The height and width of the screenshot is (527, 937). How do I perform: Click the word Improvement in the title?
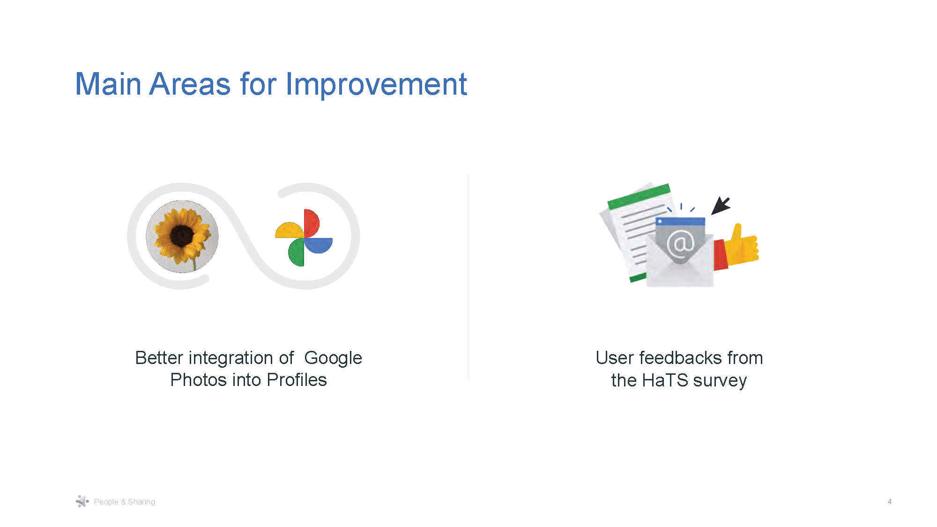pos(376,84)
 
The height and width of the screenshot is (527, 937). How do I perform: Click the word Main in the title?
pos(108,84)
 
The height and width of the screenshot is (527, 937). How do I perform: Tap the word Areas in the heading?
pos(190,84)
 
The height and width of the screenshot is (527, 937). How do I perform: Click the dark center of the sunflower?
pos(181,236)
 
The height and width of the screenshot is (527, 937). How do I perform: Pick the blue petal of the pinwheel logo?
pos(319,245)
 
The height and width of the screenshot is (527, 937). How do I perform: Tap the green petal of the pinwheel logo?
pos(296,253)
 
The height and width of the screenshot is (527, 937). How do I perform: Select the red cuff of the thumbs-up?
pos(720,255)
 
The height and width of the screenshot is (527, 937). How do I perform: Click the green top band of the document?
pos(639,196)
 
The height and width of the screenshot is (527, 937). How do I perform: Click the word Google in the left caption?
pos(333,358)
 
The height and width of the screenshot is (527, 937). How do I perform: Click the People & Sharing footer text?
pos(124,502)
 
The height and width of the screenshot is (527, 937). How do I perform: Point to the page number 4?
pos(889,501)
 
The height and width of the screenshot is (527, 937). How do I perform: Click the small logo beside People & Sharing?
pos(82,501)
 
